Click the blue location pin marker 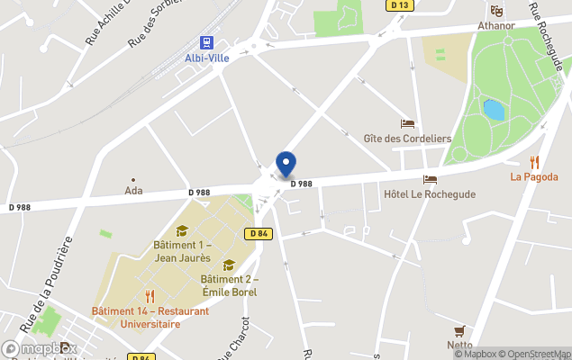coord(286,165)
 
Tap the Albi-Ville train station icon coord(207,42)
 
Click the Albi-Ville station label coord(206,58)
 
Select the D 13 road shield coord(400,5)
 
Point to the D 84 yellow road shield coord(259,234)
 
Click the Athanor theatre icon coord(496,11)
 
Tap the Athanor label coord(496,25)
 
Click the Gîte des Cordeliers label coord(407,139)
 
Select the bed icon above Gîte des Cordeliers coord(407,124)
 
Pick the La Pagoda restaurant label coord(534,176)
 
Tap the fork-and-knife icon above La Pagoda coord(534,162)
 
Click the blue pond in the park coord(494,110)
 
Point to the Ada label coord(134,191)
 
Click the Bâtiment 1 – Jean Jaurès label coord(183,251)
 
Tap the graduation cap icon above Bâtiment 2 coord(229,265)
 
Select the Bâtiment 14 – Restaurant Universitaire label coord(150,317)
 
